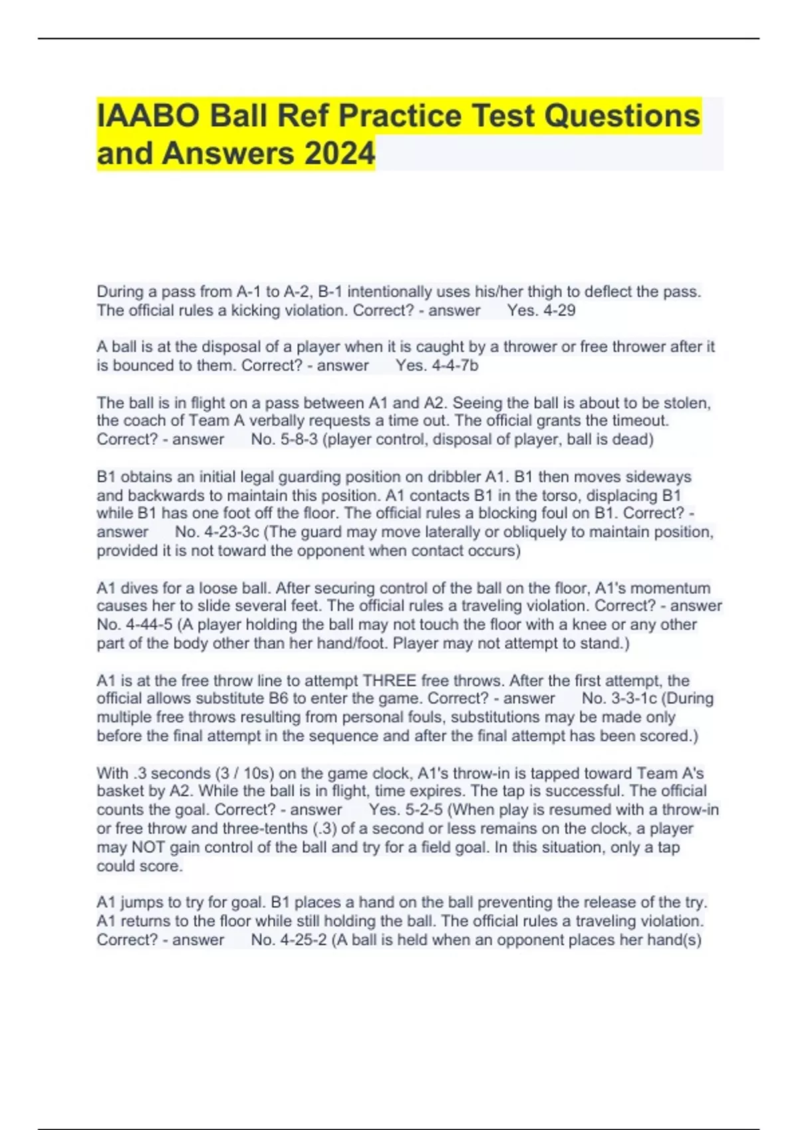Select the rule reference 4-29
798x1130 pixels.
pos(559,310)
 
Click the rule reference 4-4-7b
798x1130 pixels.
pos(455,366)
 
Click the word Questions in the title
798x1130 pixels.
pos(622,116)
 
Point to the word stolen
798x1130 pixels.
pos(688,403)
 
